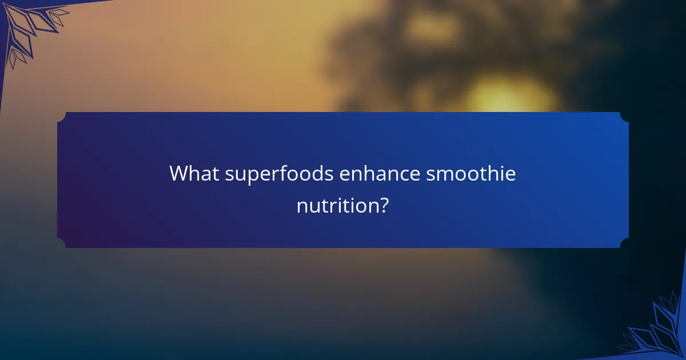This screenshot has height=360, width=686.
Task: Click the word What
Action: [193, 174]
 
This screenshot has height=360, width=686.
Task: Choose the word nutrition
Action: [335, 205]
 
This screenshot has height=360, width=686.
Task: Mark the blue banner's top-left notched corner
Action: [62, 117]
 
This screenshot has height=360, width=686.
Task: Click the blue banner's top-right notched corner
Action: [624, 117]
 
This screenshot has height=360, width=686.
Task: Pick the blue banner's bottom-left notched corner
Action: [62, 243]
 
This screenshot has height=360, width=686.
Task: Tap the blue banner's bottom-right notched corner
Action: [624, 243]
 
